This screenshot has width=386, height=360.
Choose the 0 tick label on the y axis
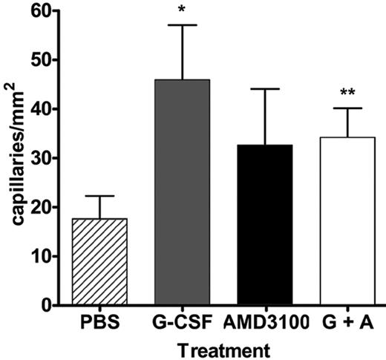coord(54,305)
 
